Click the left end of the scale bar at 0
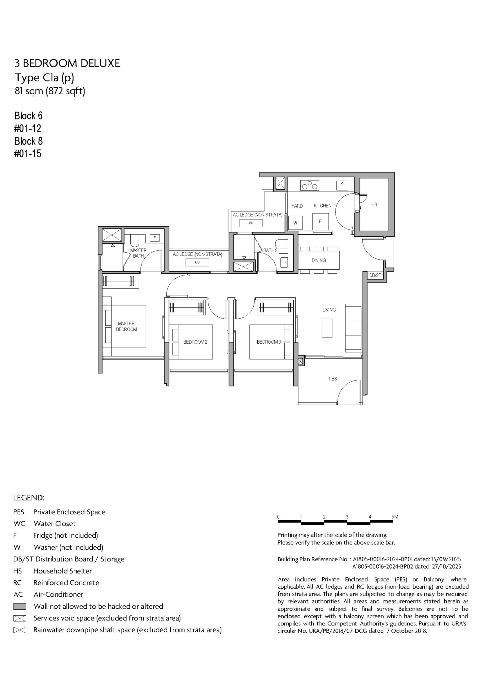pyautogui.click(x=278, y=521)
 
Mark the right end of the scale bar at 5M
pyautogui.click(x=394, y=521)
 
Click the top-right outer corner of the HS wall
pyautogui.click(x=394, y=172)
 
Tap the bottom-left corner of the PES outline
pyautogui.click(x=296, y=405)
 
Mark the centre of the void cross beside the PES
pyautogui.click(x=300, y=361)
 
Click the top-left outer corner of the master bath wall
pyautogui.click(x=98, y=226)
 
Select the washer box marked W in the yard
pyautogui.click(x=295, y=223)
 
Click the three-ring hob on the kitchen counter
pyautogui.click(x=310, y=185)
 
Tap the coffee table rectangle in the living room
pyautogui.click(x=327, y=328)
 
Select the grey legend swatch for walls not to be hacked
pyautogui.click(x=20, y=606)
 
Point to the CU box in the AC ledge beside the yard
pyautogui.click(x=251, y=223)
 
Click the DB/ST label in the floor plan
pyautogui.click(x=375, y=275)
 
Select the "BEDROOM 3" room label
pyautogui.click(x=269, y=342)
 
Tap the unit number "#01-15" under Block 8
pyautogui.click(x=28, y=154)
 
